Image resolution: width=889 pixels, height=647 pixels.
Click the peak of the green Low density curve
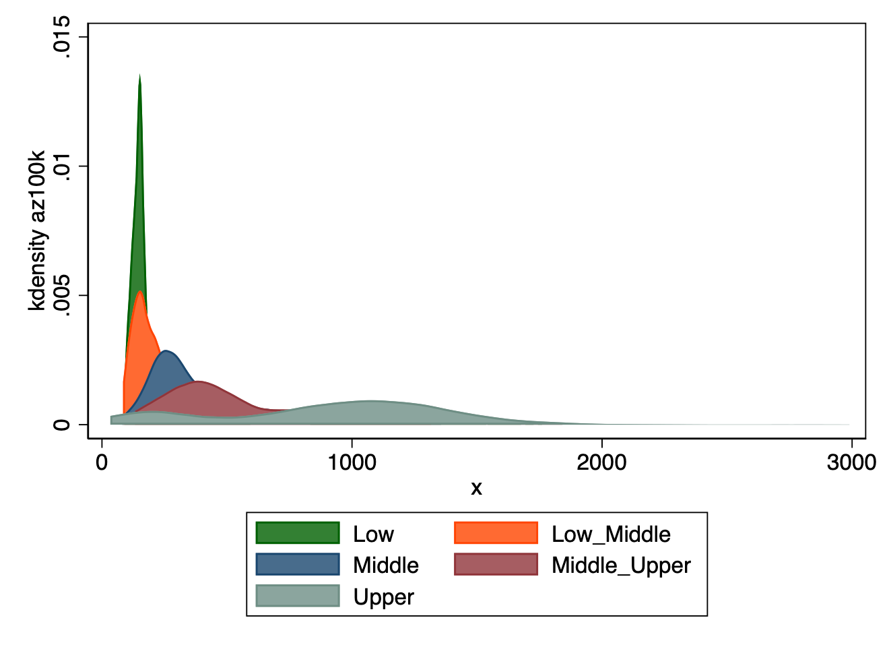click(x=139, y=76)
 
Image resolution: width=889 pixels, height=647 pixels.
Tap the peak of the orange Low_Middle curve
click(x=139, y=292)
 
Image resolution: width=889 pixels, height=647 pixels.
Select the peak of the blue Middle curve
click(x=166, y=351)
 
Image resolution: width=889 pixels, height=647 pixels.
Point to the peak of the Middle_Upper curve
click(x=199, y=382)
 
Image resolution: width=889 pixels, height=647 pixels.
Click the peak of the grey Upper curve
click(x=370, y=402)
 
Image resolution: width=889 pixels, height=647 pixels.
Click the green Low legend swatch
click(x=297, y=533)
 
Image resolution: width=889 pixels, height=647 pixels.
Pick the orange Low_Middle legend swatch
click(x=496, y=533)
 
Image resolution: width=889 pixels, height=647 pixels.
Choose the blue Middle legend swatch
click(x=297, y=564)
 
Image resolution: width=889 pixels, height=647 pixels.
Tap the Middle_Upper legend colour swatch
click(x=496, y=564)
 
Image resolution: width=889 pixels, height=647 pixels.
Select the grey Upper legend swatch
click(x=297, y=596)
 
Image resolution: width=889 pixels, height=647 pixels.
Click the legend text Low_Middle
click(x=611, y=534)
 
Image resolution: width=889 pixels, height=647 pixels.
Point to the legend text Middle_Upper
click(x=621, y=565)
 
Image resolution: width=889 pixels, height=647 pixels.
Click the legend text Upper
click(x=383, y=597)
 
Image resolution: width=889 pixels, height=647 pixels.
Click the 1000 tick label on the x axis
click(x=352, y=462)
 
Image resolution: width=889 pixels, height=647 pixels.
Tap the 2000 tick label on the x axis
click(x=601, y=462)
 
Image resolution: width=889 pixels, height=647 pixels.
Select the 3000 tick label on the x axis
click(x=851, y=462)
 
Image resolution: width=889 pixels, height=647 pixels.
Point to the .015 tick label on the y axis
click(x=62, y=36)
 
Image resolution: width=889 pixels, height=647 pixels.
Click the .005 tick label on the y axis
click(x=62, y=295)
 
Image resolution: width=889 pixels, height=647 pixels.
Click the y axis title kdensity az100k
click(x=37, y=230)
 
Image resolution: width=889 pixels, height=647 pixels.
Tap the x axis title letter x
click(x=476, y=488)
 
